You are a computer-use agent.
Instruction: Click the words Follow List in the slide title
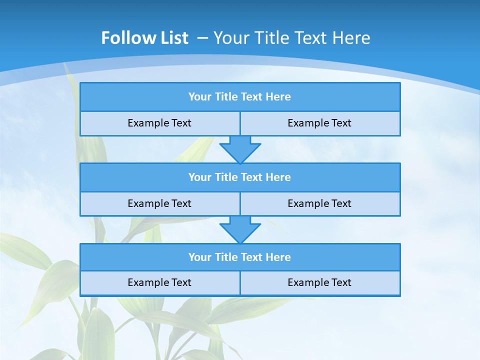(x=144, y=38)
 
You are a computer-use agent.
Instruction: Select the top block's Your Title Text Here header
(x=239, y=97)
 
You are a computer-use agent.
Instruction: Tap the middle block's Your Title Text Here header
(x=239, y=177)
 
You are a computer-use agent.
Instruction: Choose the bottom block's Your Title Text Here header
(x=239, y=257)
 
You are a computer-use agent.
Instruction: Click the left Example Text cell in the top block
(x=159, y=123)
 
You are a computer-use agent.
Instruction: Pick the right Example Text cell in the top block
(x=319, y=123)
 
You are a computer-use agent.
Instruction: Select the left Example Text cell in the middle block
(x=159, y=203)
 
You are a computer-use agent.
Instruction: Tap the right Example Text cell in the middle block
(x=319, y=203)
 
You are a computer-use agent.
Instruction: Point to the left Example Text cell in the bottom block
(x=159, y=282)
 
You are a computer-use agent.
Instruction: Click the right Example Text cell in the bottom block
(x=319, y=282)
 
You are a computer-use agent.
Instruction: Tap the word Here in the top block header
(x=278, y=97)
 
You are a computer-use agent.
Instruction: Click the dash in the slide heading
(x=203, y=38)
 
